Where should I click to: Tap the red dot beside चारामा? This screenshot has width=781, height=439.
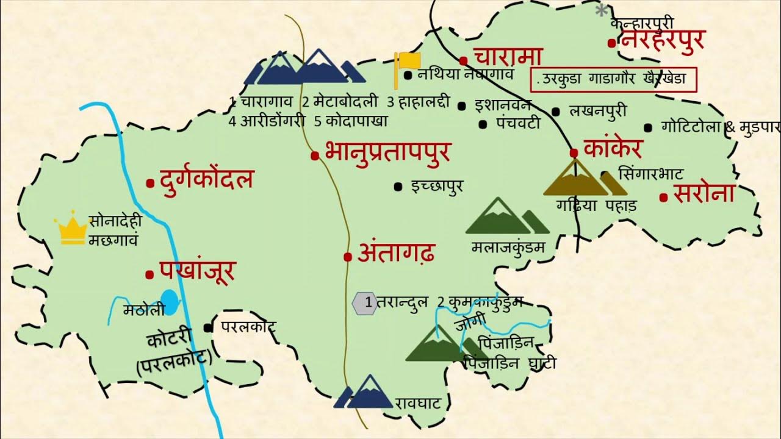463,60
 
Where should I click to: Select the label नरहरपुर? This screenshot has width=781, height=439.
663,41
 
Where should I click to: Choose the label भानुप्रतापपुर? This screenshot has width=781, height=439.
387,152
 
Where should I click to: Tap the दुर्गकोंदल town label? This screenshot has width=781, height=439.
206,180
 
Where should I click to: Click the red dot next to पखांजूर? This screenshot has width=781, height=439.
149,275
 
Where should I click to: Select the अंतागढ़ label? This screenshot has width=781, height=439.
397,253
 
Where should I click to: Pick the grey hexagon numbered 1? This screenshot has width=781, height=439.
365,302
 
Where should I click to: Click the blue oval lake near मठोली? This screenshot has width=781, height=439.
171,302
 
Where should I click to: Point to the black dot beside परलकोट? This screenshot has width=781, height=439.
208,327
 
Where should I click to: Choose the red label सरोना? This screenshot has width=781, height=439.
704,193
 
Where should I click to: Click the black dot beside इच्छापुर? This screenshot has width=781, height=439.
398,186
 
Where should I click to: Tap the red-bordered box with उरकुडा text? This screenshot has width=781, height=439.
613,79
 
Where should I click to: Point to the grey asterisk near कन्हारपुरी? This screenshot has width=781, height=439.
602,10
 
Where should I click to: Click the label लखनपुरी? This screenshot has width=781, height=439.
597,111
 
